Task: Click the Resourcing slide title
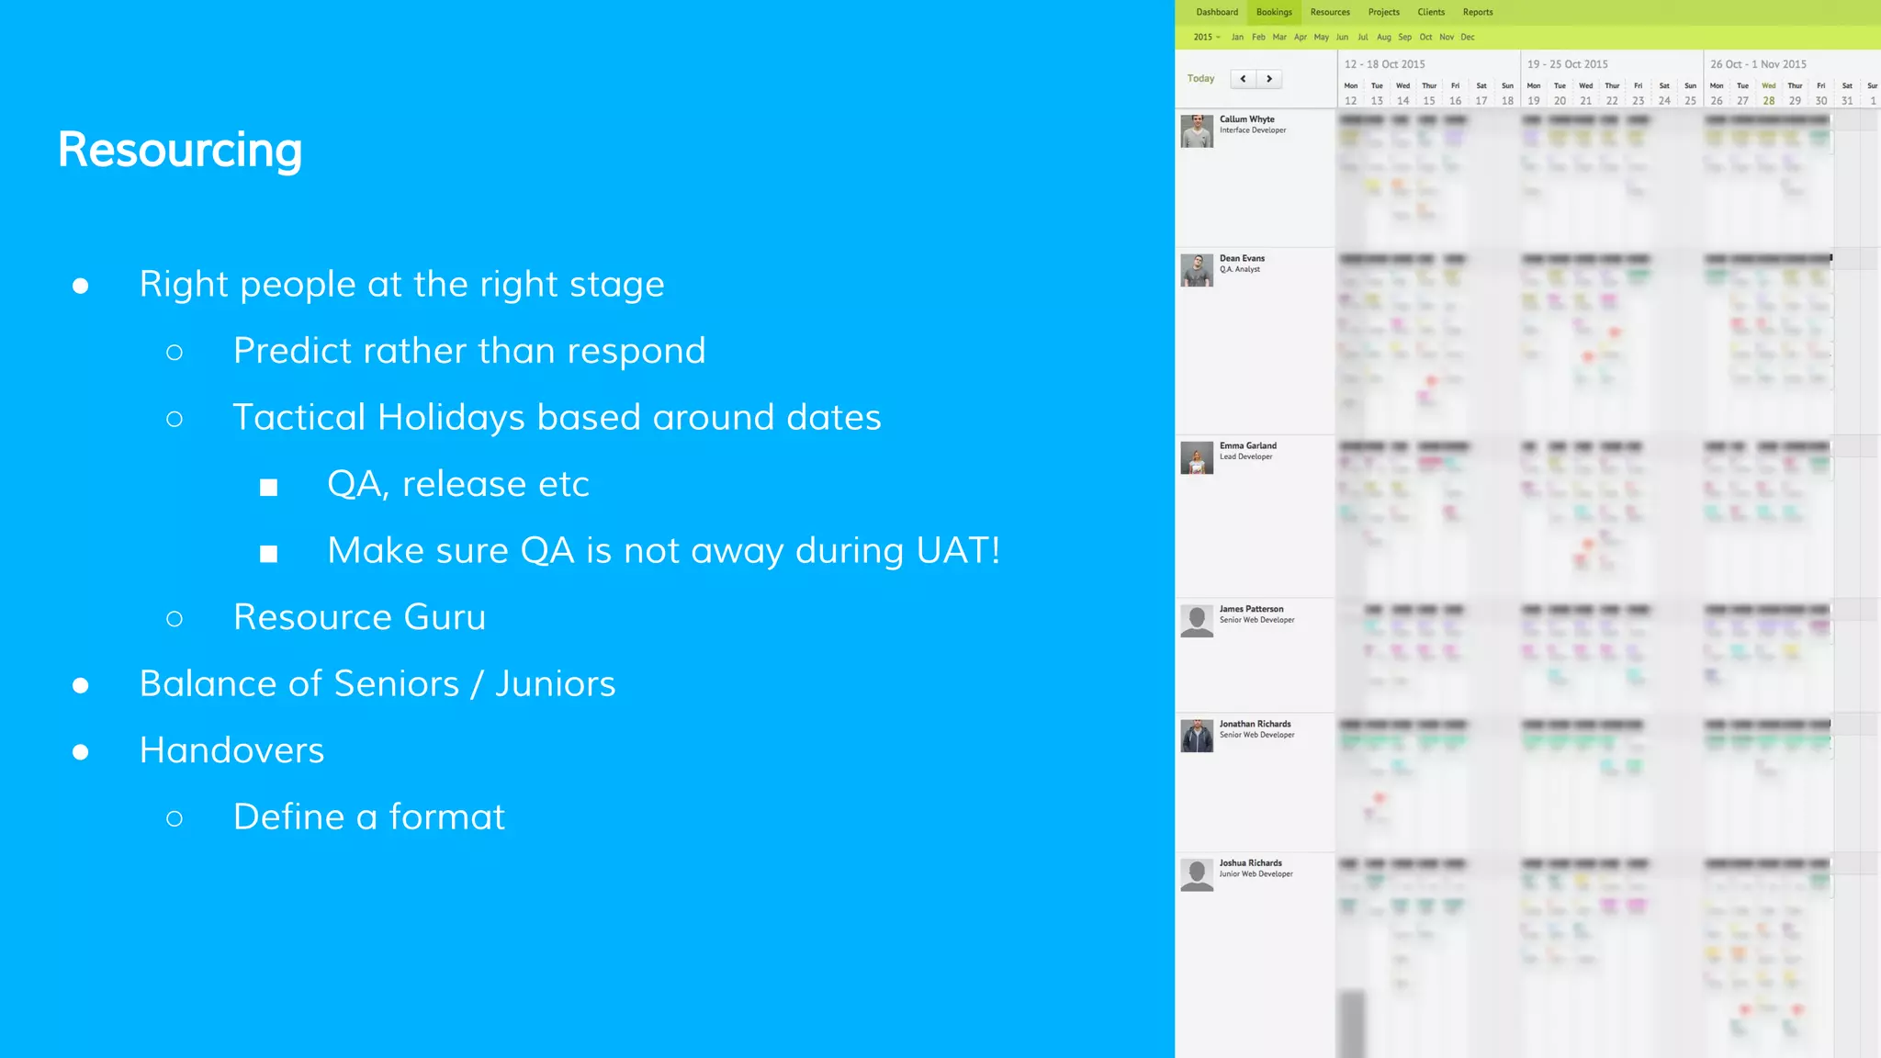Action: click(180, 150)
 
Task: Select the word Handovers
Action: click(231, 750)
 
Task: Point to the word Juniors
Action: click(555, 684)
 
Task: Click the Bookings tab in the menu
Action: click(1274, 12)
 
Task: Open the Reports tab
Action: click(1478, 12)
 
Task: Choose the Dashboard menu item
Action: click(1217, 12)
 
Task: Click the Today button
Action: click(1200, 79)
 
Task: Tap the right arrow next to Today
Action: click(1269, 79)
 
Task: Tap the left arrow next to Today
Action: click(1243, 79)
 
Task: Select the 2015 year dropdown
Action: click(1206, 38)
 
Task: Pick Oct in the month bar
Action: click(1425, 38)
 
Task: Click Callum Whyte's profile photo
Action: click(1197, 131)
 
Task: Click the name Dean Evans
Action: click(1242, 258)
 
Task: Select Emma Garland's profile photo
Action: click(1197, 457)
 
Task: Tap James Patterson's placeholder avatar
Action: click(1197, 621)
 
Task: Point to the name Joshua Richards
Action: click(1250, 863)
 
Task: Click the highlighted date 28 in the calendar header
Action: click(1769, 101)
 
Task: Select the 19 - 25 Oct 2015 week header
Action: click(1567, 64)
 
